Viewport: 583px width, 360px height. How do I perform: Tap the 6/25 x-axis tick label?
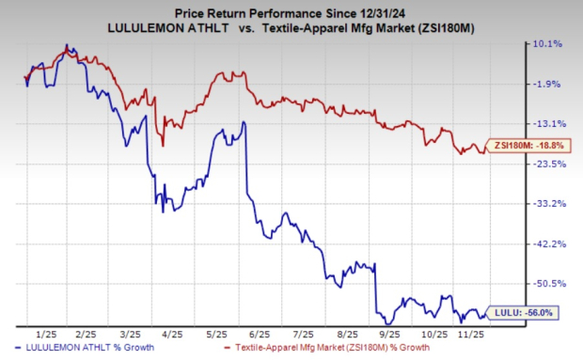pos(259,334)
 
